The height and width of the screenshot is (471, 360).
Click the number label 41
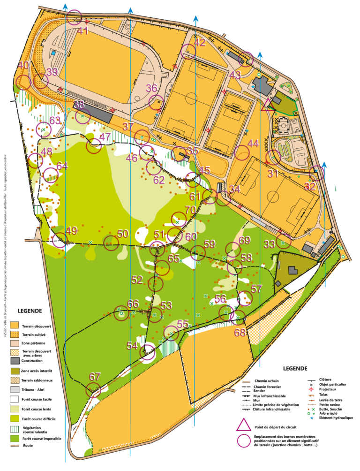tap(83, 31)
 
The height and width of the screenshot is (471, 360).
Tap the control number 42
tap(200, 43)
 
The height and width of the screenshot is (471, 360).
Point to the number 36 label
tap(151, 88)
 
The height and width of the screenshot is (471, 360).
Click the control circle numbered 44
tap(241, 153)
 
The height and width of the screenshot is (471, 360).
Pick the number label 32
tap(310, 186)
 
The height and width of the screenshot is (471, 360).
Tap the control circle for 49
tap(60, 240)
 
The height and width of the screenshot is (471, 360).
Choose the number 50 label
tap(123, 234)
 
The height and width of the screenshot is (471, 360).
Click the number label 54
tap(132, 346)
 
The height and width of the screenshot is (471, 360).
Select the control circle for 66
tap(121, 313)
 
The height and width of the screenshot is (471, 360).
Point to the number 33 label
tap(269, 244)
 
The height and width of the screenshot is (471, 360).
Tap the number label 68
tap(240, 333)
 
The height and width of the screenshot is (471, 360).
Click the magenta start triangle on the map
tap(268, 105)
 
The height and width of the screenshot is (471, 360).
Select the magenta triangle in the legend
tap(244, 425)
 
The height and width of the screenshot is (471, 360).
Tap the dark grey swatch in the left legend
tap(14, 361)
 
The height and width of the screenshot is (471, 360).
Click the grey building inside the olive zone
tap(292, 270)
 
